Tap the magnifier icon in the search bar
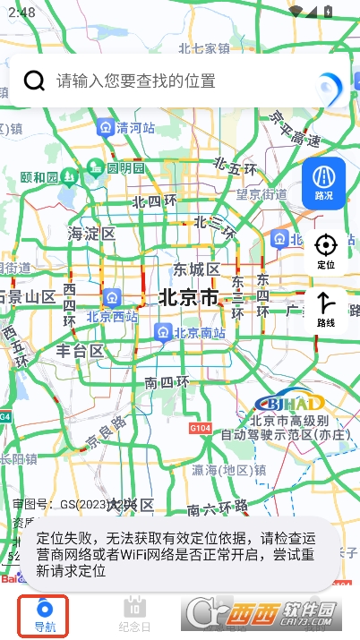click(34, 81)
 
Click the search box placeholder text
click(136, 81)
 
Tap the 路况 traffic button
click(324, 183)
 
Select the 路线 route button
click(326, 309)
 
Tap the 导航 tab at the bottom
click(44, 614)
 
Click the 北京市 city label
click(187, 297)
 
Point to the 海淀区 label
click(91, 234)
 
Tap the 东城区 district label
click(196, 269)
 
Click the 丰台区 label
click(80, 350)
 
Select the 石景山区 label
click(27, 296)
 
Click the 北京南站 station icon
click(163, 333)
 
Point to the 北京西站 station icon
click(112, 296)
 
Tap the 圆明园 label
click(125, 167)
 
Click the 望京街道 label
click(261, 194)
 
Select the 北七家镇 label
click(204, 48)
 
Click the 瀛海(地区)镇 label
click(228, 470)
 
